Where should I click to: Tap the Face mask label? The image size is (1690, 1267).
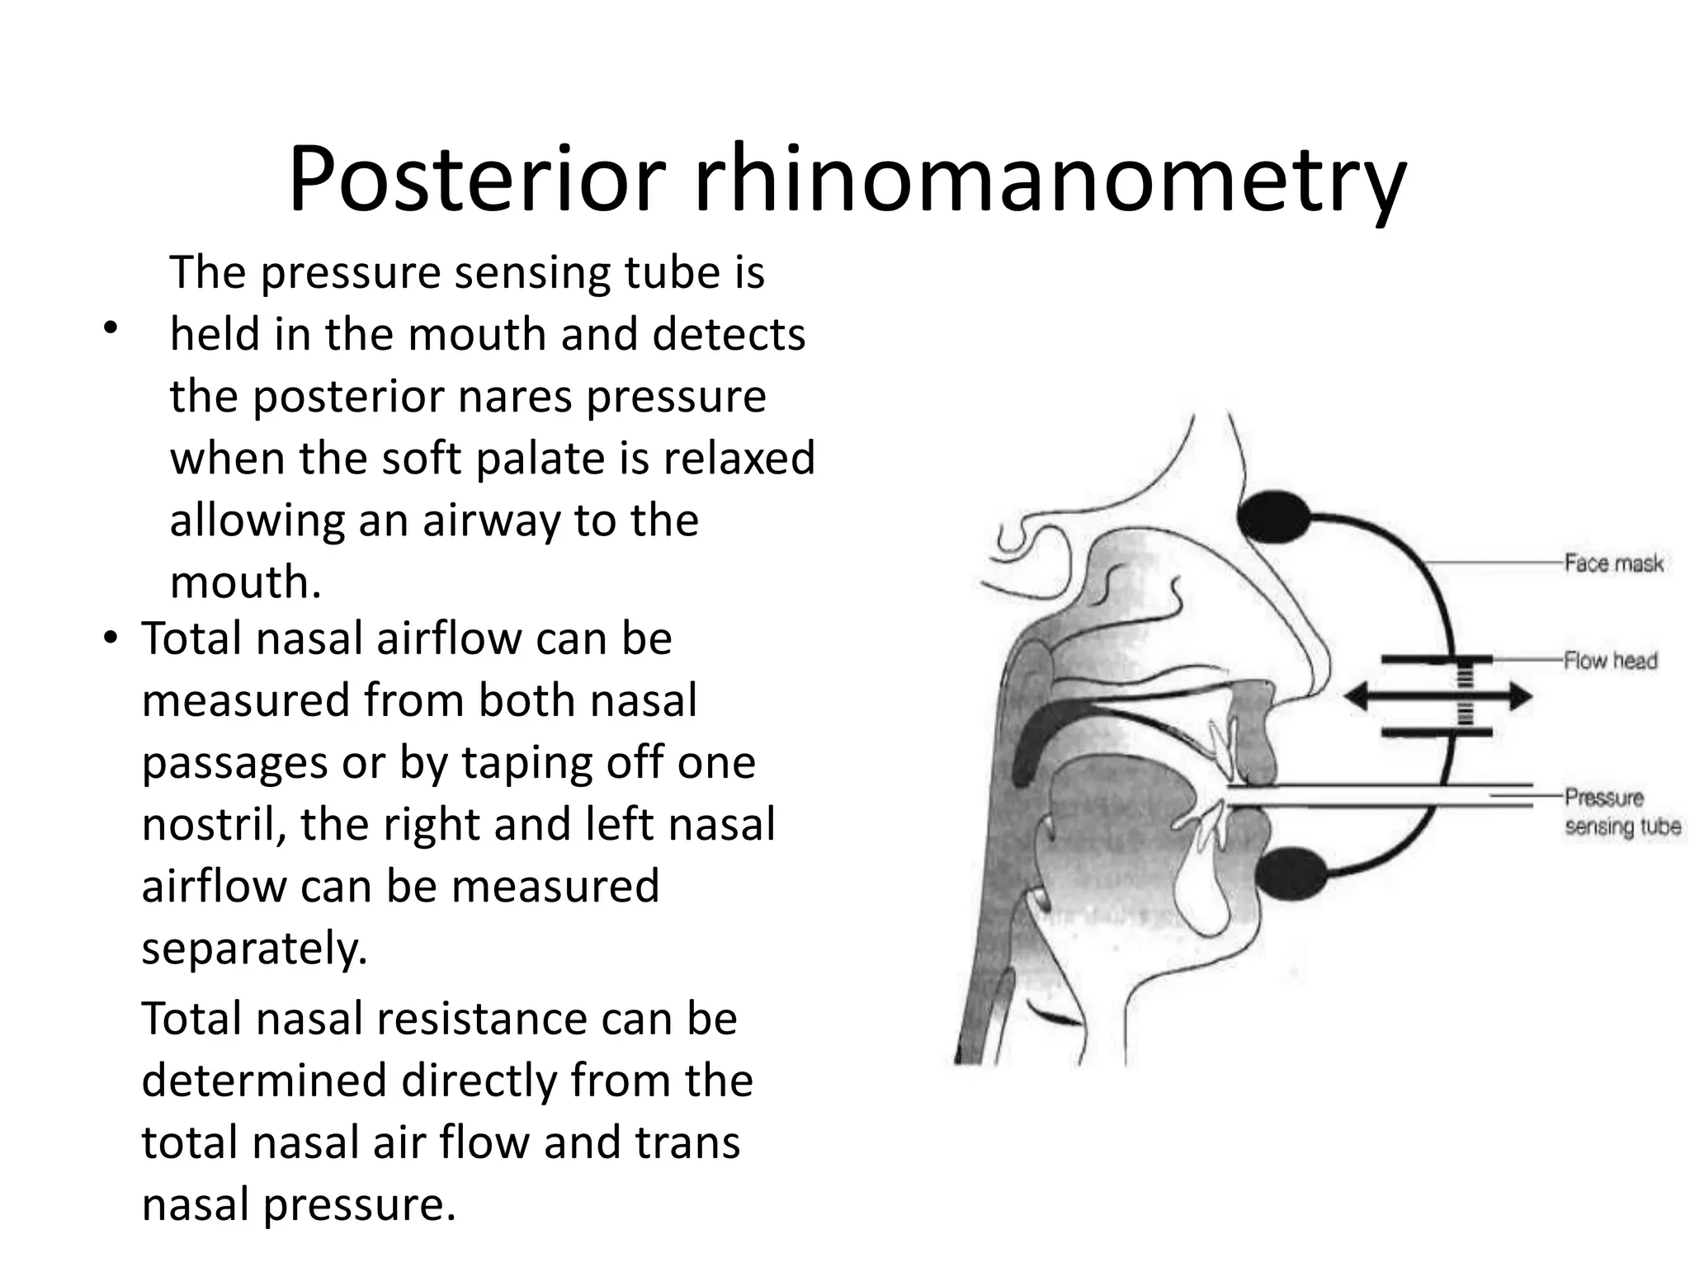1613,563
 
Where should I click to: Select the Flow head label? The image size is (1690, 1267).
1610,661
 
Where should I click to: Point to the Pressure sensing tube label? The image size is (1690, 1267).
1621,812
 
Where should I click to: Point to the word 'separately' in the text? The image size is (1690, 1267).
253,949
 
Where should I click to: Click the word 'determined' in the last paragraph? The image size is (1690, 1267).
264,1081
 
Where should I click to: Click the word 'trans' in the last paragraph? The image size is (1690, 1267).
687,1142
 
